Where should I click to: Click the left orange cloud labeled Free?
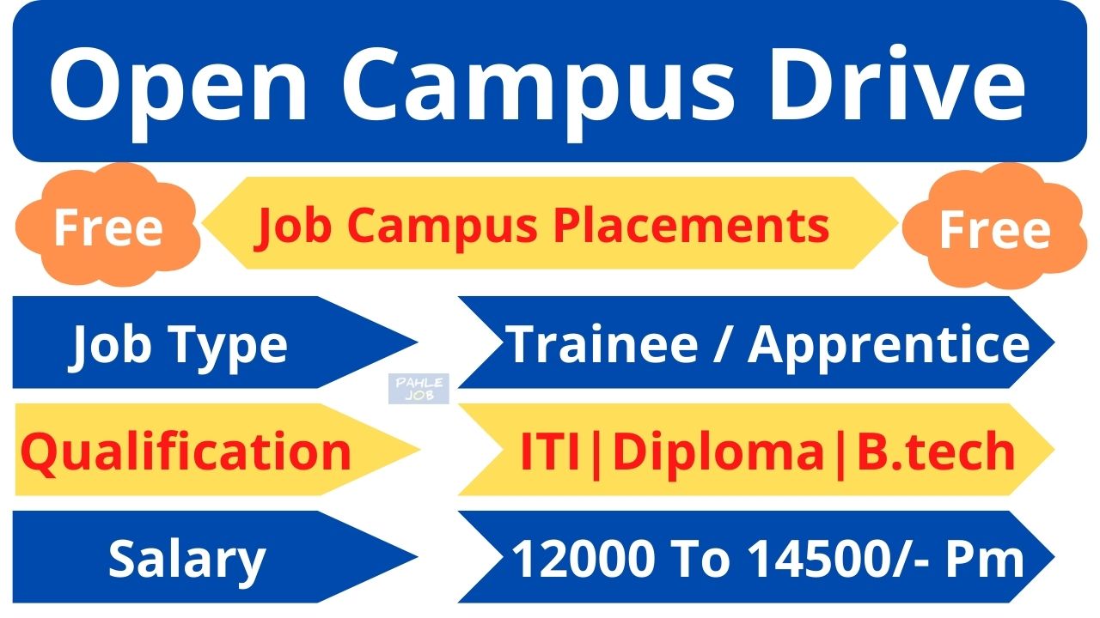tap(108, 227)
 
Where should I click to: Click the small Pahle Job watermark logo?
tap(418, 389)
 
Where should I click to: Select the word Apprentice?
tap(889, 344)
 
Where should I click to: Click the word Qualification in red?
tap(186, 451)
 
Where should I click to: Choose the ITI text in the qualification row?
tap(551, 451)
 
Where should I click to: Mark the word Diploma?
tap(718, 451)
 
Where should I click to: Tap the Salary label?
tap(186, 559)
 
